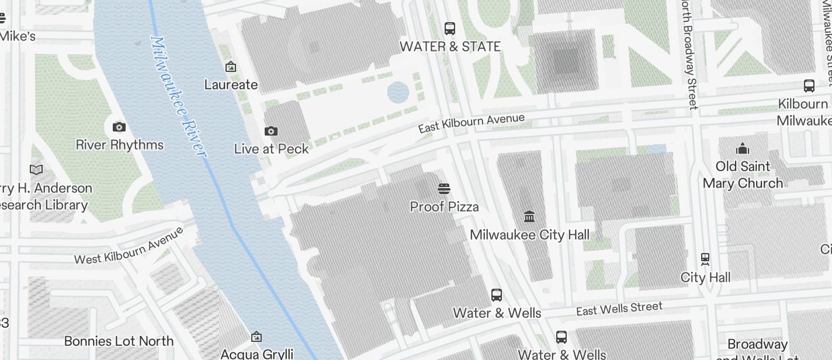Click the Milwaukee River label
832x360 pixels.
coord(178,96)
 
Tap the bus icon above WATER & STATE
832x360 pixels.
coord(449,28)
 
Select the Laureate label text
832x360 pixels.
coord(231,85)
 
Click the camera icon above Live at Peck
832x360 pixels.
coord(271,131)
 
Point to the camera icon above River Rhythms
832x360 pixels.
coord(119,127)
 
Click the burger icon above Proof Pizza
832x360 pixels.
coord(444,188)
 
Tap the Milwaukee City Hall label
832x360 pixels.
coord(529,235)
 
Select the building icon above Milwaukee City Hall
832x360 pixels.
coord(529,216)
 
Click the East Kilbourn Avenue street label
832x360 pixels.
coord(471,123)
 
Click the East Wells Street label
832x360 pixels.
coord(619,309)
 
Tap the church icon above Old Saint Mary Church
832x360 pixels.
coord(743,148)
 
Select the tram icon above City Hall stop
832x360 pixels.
coord(705,258)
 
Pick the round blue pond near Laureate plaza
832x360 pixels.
coord(398,92)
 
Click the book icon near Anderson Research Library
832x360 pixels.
coord(36,169)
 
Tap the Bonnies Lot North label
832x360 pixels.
coord(119,341)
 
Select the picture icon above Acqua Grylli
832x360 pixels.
coord(256,337)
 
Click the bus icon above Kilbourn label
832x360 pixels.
coord(809,86)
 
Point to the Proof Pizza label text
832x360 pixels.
coord(444,206)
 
